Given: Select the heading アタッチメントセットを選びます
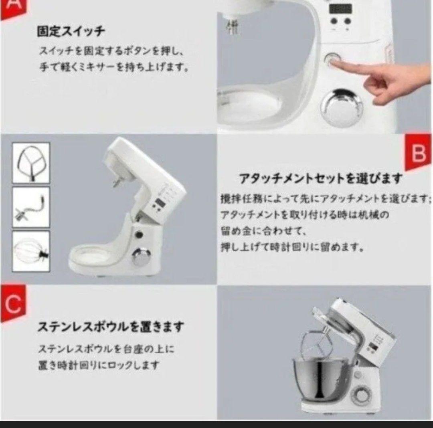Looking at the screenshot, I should coord(320,178).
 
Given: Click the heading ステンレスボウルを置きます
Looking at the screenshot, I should coord(111,327).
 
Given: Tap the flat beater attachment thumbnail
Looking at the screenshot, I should coord(31,162).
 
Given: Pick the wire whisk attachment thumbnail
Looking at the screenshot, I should coord(31,251).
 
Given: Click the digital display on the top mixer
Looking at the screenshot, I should coord(340,8).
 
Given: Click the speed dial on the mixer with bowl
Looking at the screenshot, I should coord(362,397).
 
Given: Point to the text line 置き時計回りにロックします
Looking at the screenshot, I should coord(99,365).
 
